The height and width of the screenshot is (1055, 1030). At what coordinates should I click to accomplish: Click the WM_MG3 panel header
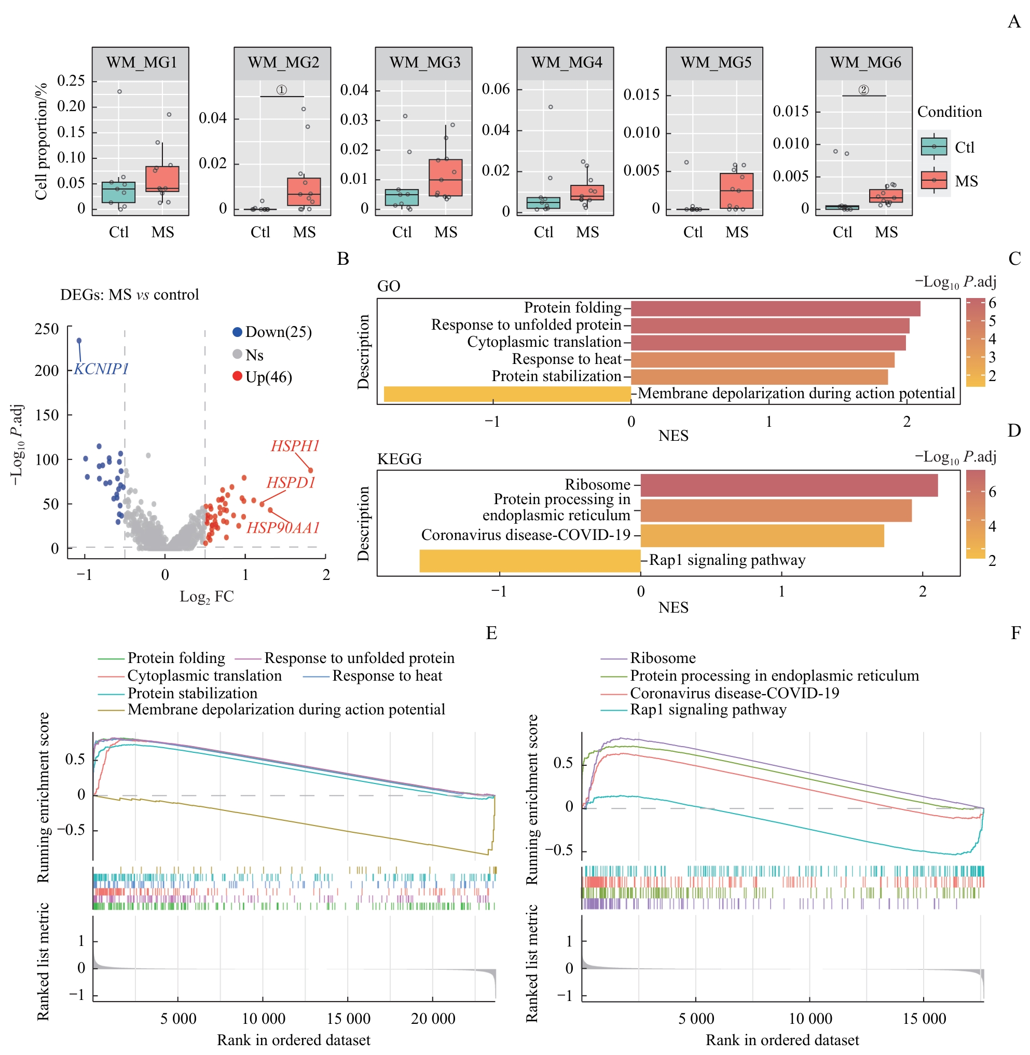(424, 63)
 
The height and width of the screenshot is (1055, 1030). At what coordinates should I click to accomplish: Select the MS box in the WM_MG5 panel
(736, 191)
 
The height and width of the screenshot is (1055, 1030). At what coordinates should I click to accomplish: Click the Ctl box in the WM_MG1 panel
(118, 192)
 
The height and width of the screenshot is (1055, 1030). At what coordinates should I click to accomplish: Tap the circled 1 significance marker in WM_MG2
(282, 90)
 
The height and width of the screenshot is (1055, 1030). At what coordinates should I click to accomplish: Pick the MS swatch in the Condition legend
(933, 180)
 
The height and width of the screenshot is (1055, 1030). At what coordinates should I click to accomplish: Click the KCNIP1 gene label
(101, 369)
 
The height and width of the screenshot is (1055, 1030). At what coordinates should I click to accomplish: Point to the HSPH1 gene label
(295, 446)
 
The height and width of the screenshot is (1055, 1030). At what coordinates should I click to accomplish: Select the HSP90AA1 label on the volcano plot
(283, 528)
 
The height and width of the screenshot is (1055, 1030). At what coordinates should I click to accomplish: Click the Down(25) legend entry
(272, 332)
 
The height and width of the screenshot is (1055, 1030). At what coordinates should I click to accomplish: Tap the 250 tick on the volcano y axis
(47, 329)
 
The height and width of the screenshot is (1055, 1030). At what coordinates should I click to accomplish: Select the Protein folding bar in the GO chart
(775, 308)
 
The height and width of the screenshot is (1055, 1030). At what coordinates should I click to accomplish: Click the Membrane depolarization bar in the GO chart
(507, 394)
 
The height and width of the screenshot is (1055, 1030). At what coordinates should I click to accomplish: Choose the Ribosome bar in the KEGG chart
(789, 485)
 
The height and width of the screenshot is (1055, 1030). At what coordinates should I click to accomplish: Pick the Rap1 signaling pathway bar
(530, 561)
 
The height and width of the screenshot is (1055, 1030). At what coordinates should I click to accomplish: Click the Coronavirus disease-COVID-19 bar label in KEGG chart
(525, 535)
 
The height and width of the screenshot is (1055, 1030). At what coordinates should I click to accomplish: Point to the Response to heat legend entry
(387, 675)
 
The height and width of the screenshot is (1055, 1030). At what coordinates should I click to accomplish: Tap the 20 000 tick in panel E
(433, 1019)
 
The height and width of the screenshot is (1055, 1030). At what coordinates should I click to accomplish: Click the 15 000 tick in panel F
(924, 1019)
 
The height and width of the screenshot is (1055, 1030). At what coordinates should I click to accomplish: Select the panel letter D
(1014, 431)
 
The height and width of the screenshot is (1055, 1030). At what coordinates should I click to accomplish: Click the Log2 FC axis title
(207, 597)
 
